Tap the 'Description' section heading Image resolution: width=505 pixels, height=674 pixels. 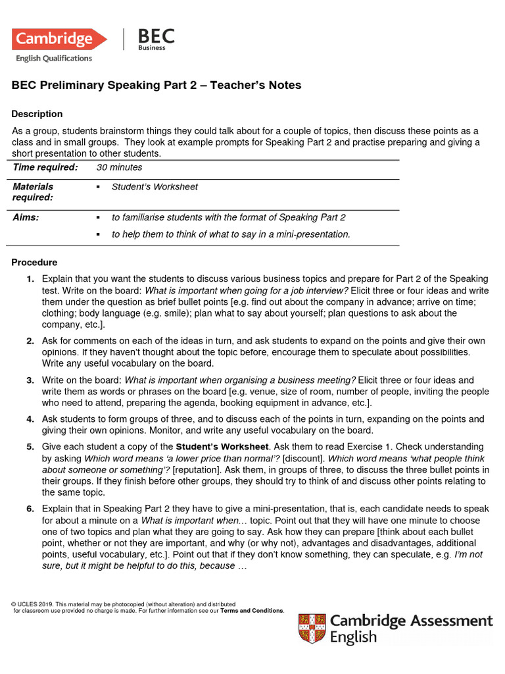(37, 114)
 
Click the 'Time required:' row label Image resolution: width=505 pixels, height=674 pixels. (45, 167)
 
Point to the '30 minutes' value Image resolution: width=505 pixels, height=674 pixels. (119, 167)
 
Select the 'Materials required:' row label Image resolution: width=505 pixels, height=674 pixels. (34, 192)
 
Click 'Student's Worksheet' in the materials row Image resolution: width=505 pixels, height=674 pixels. (155, 187)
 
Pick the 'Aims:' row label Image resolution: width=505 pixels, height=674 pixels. (26, 217)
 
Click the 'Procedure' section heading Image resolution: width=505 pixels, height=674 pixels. (34, 263)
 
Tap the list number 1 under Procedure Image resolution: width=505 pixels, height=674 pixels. (30, 279)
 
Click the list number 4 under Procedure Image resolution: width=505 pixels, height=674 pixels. (30, 419)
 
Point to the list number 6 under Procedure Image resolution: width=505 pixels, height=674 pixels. (30, 509)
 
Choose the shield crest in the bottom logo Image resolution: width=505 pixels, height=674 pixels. (312, 629)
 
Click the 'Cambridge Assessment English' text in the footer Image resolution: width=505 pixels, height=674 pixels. (411, 629)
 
